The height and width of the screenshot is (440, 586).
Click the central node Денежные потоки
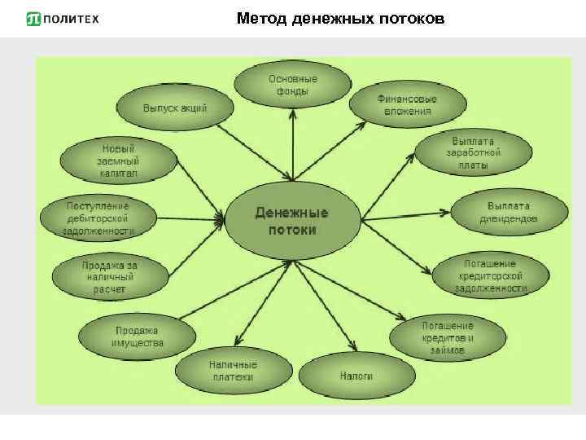click(292, 221)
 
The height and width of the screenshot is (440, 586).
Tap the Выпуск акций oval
click(175, 108)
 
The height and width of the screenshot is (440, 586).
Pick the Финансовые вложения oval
click(408, 104)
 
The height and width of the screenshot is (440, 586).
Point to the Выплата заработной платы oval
click(474, 152)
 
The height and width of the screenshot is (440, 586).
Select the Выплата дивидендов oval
click(509, 212)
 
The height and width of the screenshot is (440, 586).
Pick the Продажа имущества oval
click(138, 336)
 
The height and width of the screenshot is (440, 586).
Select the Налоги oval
click(356, 376)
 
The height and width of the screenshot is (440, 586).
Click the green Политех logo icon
click(33, 19)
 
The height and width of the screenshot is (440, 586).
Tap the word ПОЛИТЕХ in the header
click(71, 19)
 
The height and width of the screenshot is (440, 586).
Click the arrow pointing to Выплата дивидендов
click(407, 213)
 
